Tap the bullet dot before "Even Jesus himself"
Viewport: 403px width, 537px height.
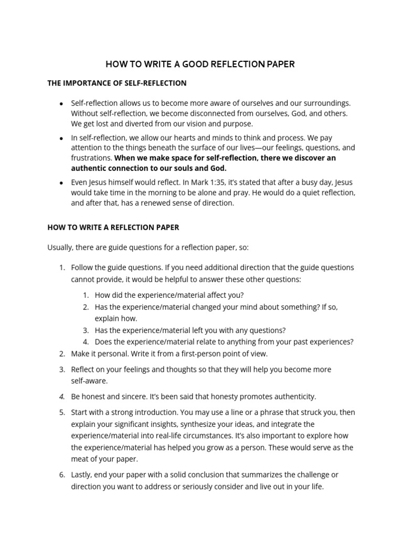[x=62, y=183]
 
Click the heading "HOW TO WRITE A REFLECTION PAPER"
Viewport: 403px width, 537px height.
[x=113, y=227]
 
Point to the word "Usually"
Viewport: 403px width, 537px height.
[x=60, y=247]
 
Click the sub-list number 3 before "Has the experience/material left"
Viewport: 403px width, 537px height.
[x=86, y=330]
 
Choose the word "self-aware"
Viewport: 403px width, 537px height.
[x=89, y=381]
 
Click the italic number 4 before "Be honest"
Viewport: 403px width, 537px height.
[x=61, y=396]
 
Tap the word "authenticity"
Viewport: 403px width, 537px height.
[x=294, y=396]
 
